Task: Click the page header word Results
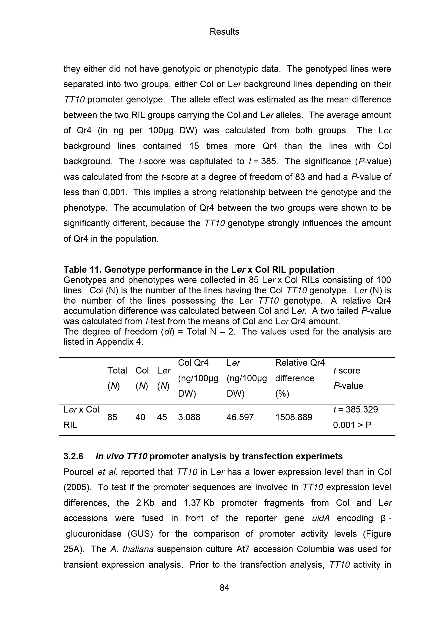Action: click(x=224, y=32)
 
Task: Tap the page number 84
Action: click(x=224, y=588)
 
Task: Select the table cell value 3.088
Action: click(x=189, y=417)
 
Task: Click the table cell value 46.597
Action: click(x=240, y=417)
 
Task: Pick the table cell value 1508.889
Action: click(x=294, y=417)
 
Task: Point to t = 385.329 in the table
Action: click(x=355, y=410)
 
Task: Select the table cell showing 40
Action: click(x=140, y=417)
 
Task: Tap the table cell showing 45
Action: click(x=162, y=417)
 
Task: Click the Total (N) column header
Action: click(x=117, y=378)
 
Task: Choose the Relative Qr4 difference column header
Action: click(x=300, y=378)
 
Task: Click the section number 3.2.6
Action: click(x=73, y=456)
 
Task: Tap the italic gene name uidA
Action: click(x=320, y=518)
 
